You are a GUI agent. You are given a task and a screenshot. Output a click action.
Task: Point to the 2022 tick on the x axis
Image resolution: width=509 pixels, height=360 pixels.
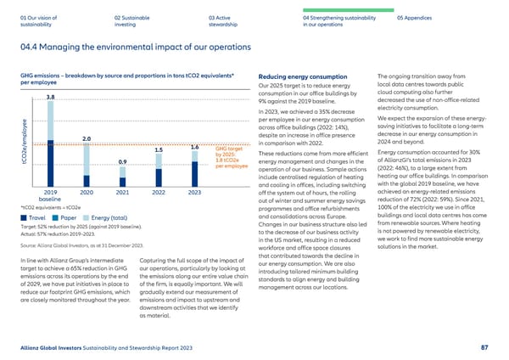159,193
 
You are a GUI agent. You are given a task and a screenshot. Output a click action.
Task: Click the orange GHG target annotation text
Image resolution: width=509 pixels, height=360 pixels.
231,157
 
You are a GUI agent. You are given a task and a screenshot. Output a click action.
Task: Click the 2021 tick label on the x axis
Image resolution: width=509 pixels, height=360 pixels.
122,193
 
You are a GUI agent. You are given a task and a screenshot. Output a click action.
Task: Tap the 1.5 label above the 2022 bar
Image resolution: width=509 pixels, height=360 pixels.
159,150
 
